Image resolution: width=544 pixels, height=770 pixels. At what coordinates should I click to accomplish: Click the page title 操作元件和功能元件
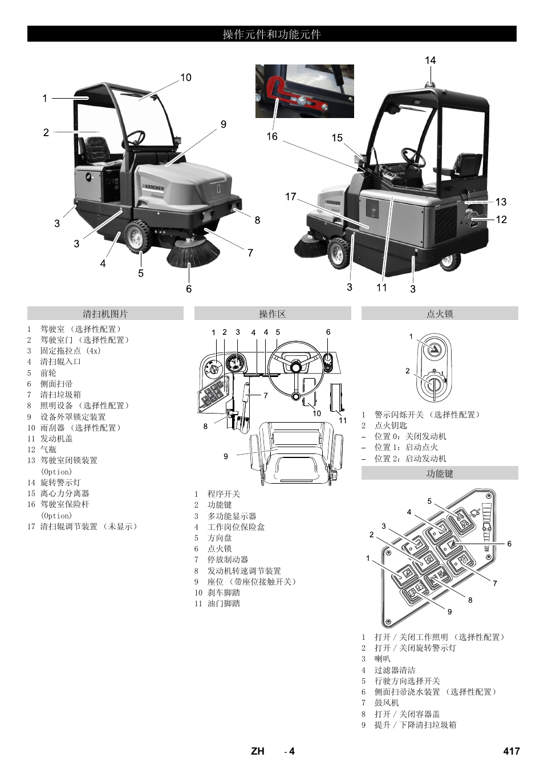coord(271,34)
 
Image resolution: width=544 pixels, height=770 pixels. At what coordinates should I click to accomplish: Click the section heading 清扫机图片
coord(105,314)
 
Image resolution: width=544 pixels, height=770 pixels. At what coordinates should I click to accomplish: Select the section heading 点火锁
coord(440,314)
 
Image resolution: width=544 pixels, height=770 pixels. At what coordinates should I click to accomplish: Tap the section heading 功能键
coord(440,473)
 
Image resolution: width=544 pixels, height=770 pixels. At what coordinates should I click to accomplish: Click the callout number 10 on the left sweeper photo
coord(186,78)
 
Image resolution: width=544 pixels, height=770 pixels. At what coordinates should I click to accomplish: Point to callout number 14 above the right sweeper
coord(430,60)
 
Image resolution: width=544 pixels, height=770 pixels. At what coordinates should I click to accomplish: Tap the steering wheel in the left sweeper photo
coord(136,137)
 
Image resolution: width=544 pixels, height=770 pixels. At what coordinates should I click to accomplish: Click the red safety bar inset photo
coord(304,91)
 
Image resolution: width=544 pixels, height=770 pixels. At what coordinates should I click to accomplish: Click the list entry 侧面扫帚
coord(56,384)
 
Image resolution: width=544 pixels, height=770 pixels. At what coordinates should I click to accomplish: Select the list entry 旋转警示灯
coord(60,483)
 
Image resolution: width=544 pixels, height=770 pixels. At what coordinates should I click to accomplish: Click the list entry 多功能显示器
coord(232,516)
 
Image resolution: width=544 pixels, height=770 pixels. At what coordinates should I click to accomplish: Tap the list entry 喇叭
coord(382,659)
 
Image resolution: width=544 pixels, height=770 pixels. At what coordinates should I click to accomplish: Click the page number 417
coord(511,751)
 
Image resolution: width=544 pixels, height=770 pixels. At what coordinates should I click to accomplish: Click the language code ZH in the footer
coord(258,751)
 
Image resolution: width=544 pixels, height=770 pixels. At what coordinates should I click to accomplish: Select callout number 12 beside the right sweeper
coord(501,220)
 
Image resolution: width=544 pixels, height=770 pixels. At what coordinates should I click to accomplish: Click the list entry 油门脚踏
coord(224,603)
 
